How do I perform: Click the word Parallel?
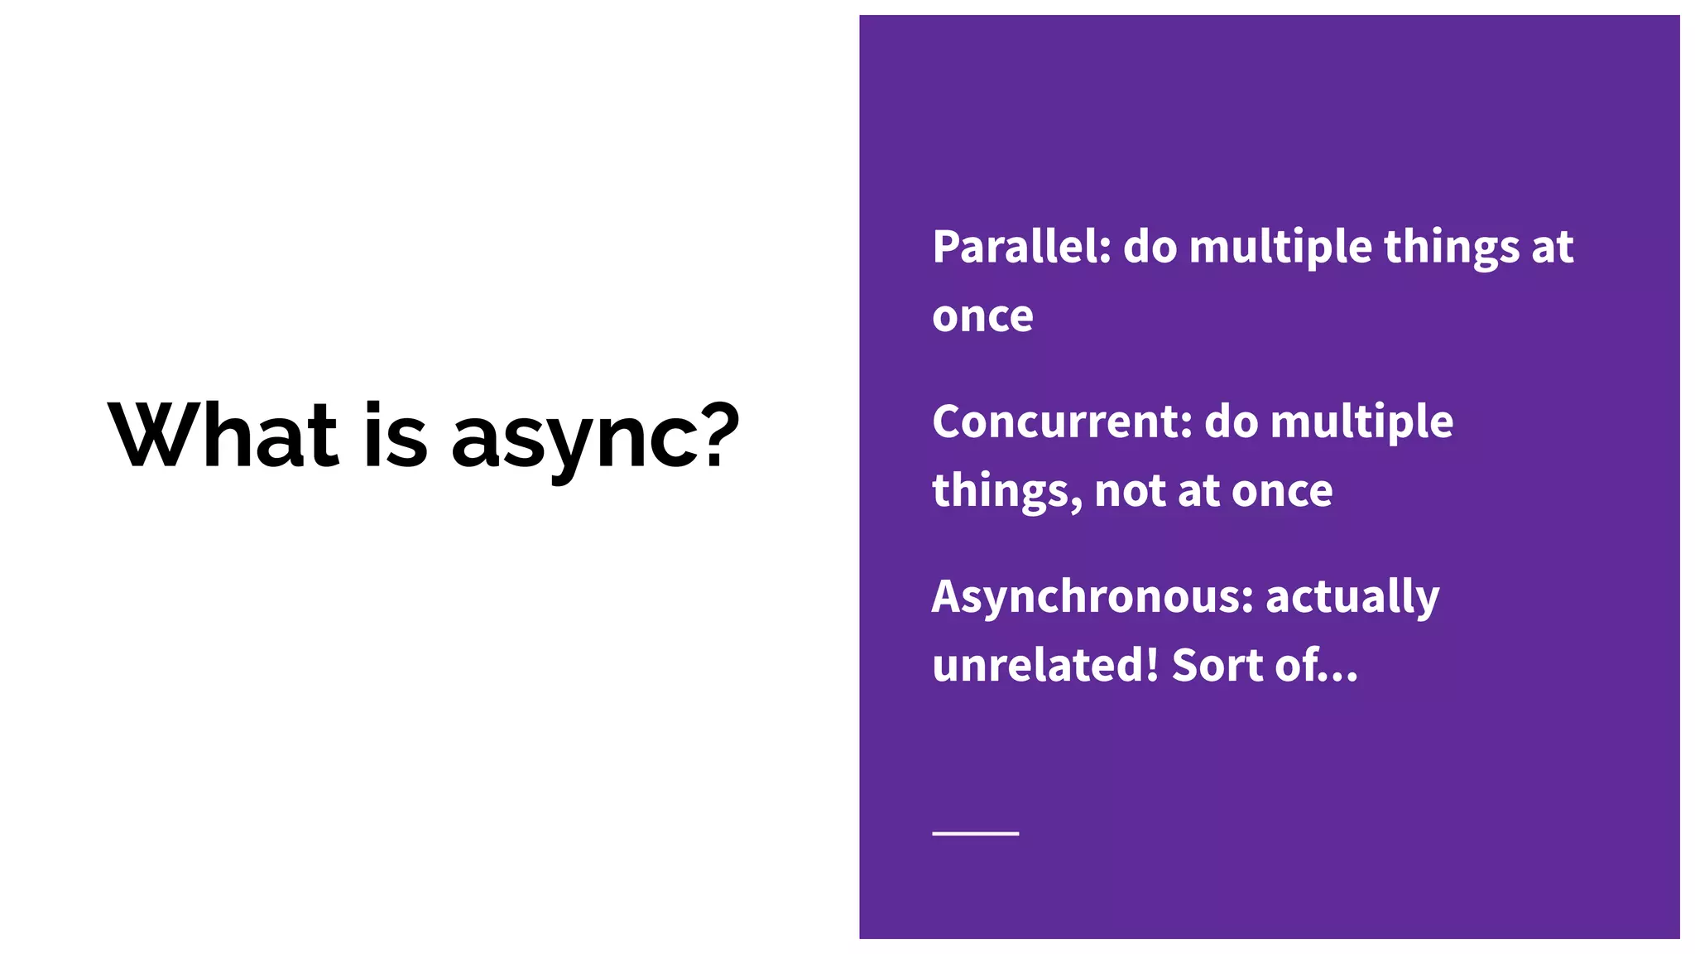(1021, 247)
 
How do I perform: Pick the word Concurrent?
(1062, 422)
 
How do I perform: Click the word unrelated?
(1039, 665)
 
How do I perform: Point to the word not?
(1130, 491)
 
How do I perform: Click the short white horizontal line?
(975, 833)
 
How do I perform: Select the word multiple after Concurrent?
(1361, 422)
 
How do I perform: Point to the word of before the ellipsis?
(1297, 665)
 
